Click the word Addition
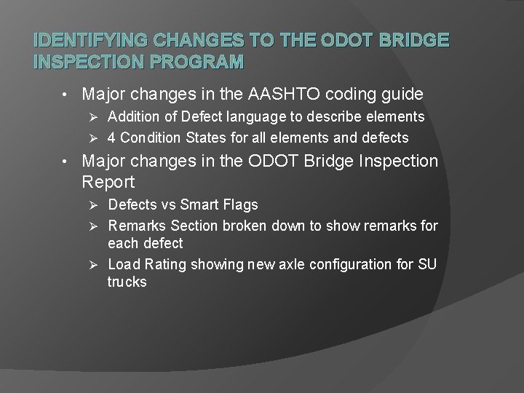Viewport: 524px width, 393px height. (134, 116)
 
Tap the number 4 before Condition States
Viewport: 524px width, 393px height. (112, 138)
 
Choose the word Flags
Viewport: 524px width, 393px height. (239, 205)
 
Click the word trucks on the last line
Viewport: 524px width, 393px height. (127, 281)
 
